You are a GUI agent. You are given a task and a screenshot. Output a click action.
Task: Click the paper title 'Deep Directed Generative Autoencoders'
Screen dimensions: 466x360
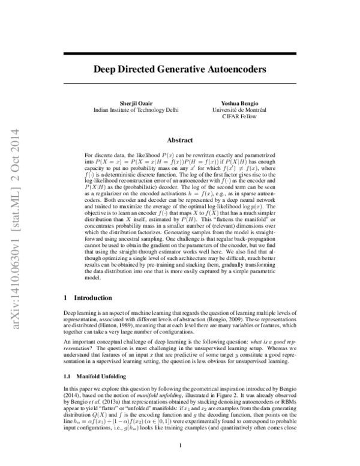pyautogui.click(x=179, y=69)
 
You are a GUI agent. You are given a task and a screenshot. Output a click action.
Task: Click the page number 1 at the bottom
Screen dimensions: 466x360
pyautogui.click(x=180, y=445)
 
